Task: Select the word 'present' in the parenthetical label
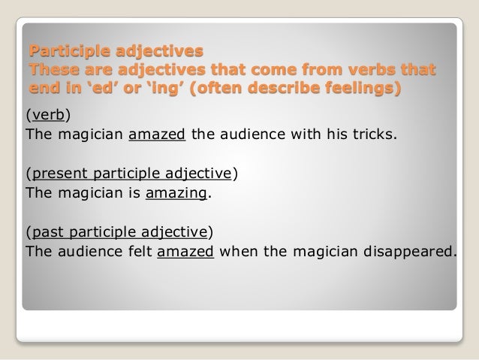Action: point(58,174)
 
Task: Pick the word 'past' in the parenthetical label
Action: point(46,231)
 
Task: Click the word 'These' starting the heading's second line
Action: point(51,71)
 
